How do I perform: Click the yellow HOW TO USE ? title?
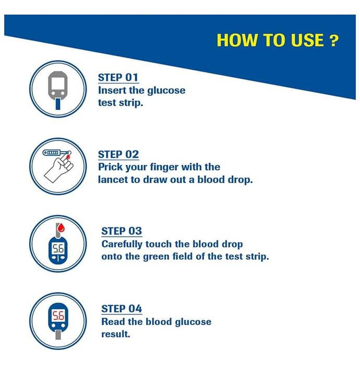click(x=278, y=40)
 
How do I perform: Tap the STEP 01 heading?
click(x=118, y=77)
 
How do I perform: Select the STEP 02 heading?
click(x=118, y=154)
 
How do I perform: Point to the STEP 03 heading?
click(x=122, y=231)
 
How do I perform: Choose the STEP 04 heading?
click(x=122, y=309)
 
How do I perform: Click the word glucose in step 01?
click(x=166, y=91)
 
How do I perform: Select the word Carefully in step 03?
click(x=122, y=245)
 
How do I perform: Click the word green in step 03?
click(x=156, y=257)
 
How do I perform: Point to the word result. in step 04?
click(x=115, y=334)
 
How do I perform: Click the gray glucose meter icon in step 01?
click(x=58, y=85)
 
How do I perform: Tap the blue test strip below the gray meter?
click(x=58, y=104)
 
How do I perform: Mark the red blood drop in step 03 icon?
click(x=61, y=227)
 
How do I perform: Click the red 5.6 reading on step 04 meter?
click(x=58, y=316)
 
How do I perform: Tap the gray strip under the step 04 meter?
click(x=58, y=335)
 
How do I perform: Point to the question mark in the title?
click(x=334, y=41)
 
